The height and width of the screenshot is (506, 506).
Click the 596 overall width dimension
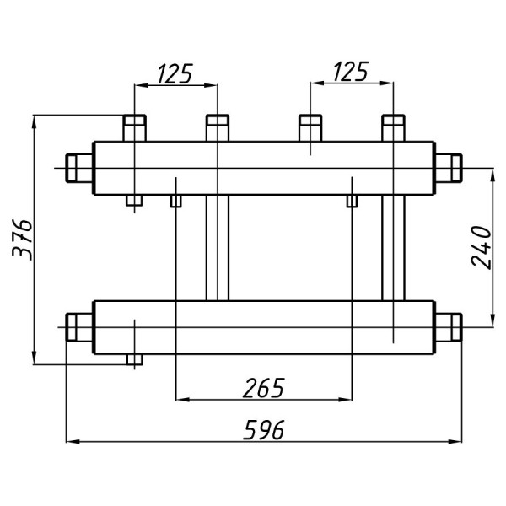264,430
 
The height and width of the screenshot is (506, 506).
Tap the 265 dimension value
264,388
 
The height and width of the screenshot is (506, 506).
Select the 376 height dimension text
22,240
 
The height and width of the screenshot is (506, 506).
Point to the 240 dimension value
481,247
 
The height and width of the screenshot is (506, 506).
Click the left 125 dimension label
175,73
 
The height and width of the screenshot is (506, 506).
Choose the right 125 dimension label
351,72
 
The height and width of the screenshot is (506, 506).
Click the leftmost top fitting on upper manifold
135,128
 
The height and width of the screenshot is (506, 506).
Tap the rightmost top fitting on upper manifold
393,128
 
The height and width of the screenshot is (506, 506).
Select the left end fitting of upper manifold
79,168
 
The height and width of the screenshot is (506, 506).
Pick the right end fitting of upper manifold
449,168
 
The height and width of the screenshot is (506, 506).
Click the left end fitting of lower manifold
79,327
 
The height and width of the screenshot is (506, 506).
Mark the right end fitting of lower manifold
449,327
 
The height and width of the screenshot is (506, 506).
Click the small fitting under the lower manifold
135,359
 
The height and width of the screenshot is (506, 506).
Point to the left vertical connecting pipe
218,248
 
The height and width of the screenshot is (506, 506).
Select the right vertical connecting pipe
393,248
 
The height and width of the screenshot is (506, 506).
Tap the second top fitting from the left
218,128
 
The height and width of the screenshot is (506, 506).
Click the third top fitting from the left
310,128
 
